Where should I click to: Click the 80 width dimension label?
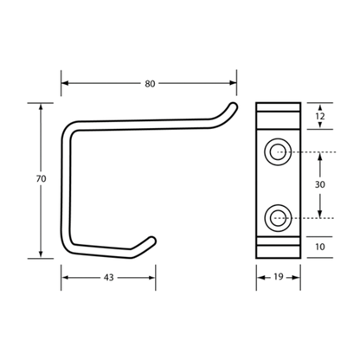[150, 84]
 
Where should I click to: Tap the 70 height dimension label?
[41, 179]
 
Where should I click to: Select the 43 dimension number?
[109, 278]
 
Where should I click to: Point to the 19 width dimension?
[279, 277]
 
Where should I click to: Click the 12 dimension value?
[320, 116]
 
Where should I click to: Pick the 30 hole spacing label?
[320, 184]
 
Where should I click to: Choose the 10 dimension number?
[320, 247]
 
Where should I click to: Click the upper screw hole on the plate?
[278, 151]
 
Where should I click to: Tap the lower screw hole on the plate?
[278, 218]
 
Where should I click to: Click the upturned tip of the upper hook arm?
[234, 106]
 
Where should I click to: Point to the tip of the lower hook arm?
[152, 240]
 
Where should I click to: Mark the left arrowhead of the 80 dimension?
[65, 83]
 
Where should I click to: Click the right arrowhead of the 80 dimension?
[233, 83]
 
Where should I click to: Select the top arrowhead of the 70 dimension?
[41, 106]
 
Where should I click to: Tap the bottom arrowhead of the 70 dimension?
[41, 254]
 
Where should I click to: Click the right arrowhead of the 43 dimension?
[152, 278]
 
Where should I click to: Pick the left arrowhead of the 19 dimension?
[260, 278]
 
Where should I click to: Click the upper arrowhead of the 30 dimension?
[320, 156]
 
